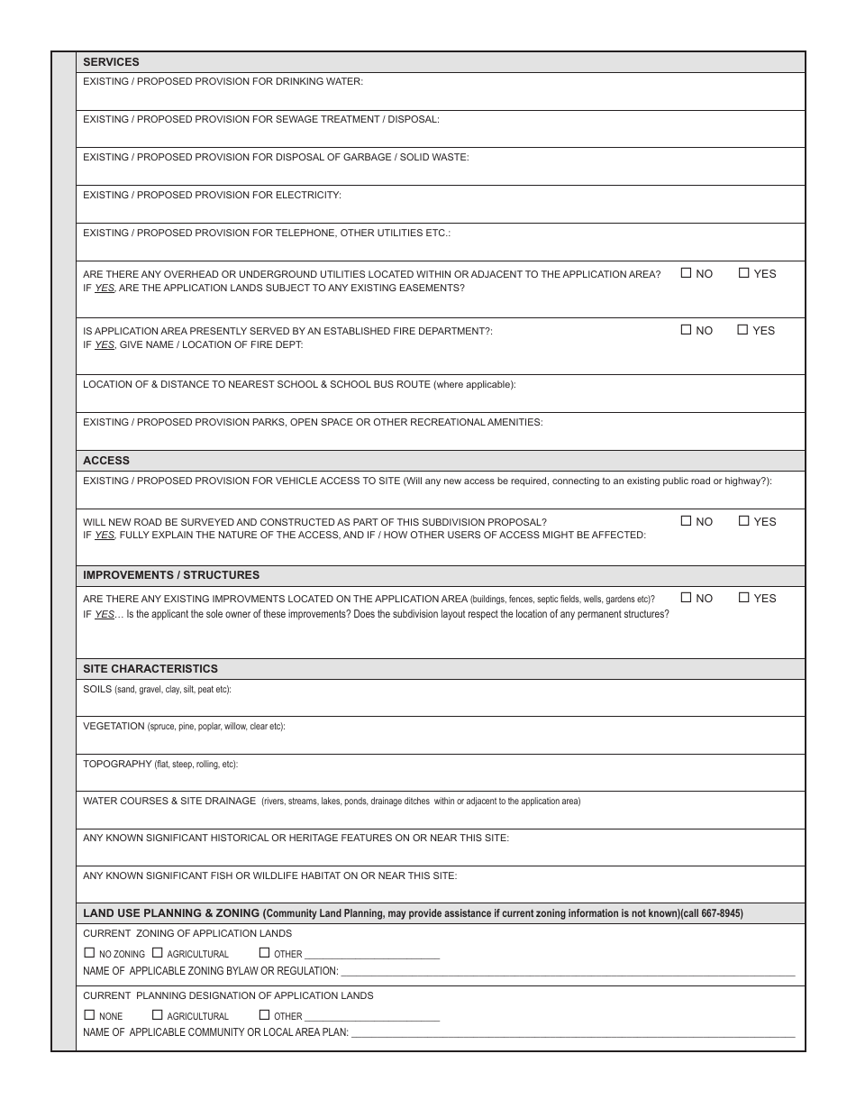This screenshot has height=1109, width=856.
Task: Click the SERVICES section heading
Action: point(111,62)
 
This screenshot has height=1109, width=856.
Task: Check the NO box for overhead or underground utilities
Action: point(686,272)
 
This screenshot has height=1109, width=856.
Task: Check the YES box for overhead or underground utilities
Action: point(743,272)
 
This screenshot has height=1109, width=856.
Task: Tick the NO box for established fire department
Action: point(686,329)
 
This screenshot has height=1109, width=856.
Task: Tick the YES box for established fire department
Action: point(742,329)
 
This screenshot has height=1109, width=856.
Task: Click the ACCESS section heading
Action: point(106,461)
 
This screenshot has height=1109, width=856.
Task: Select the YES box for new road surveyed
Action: point(743,520)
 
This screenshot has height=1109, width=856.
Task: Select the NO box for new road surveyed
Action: point(686,520)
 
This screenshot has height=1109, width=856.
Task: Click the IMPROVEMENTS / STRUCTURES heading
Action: point(171,575)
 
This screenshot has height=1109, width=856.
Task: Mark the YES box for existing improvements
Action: point(743,597)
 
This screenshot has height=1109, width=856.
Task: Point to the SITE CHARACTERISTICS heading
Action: point(150,669)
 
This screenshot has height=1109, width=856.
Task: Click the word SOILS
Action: point(97,689)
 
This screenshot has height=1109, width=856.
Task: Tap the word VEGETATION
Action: point(114,726)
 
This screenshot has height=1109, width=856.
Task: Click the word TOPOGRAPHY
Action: point(117,764)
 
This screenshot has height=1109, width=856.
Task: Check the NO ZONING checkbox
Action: point(89,952)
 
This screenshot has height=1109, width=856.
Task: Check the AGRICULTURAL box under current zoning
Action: point(158,952)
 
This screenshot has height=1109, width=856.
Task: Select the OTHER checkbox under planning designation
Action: point(264,1014)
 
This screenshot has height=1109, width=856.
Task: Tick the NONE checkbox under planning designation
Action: point(89,1014)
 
